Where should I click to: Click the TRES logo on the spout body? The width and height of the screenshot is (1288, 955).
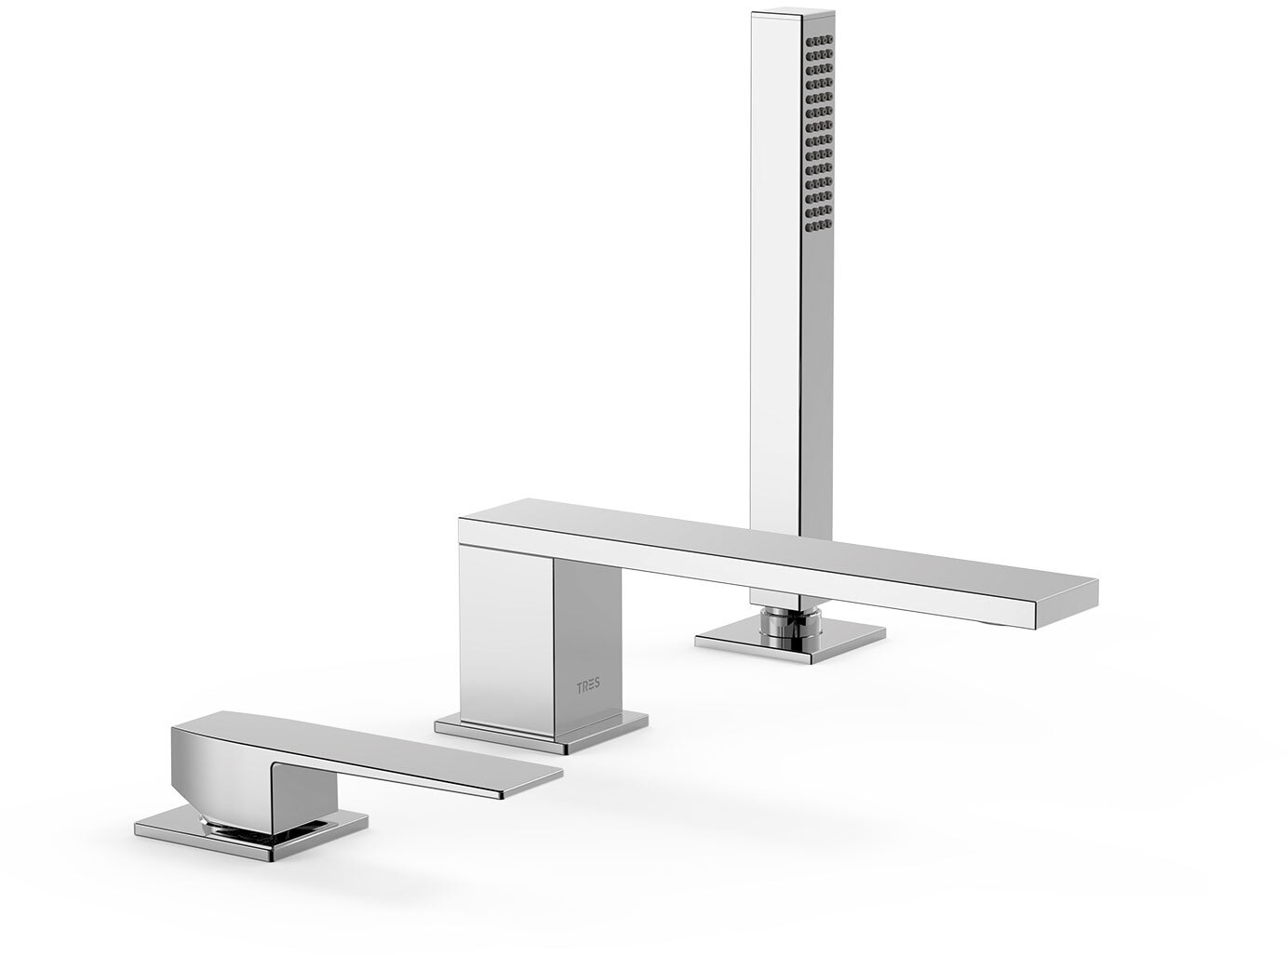[x=587, y=686]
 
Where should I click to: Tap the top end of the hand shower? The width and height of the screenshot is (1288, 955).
[x=793, y=11]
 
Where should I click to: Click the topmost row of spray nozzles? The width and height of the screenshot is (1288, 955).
[x=819, y=41]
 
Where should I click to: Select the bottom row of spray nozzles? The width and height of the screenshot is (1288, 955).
[x=819, y=225]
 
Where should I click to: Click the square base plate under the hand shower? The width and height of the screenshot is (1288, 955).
[x=790, y=640]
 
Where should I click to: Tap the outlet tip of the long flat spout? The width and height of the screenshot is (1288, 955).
[x=1067, y=603]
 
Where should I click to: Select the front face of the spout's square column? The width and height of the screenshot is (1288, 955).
[x=505, y=638]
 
